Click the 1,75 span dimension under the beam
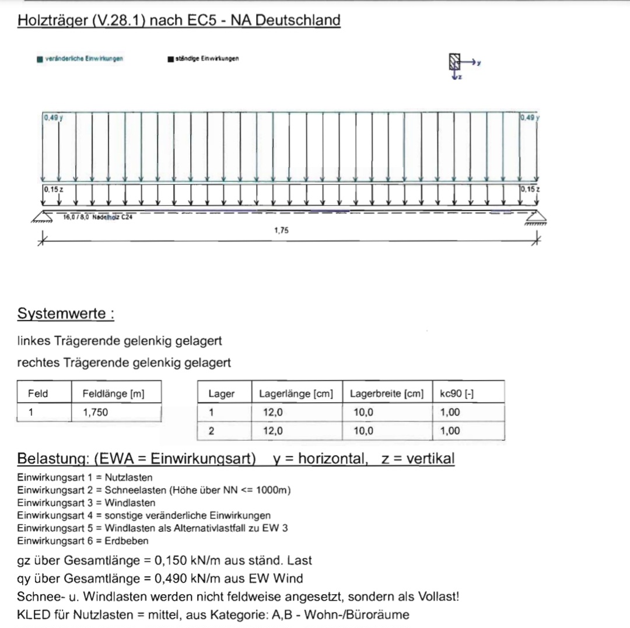click(x=281, y=230)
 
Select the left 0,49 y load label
click(x=52, y=118)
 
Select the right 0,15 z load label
click(x=530, y=189)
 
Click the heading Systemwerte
click(x=65, y=314)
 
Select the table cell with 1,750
click(x=96, y=412)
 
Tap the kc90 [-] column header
click(x=456, y=394)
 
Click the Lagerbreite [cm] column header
click(x=386, y=394)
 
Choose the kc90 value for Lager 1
click(x=450, y=412)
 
